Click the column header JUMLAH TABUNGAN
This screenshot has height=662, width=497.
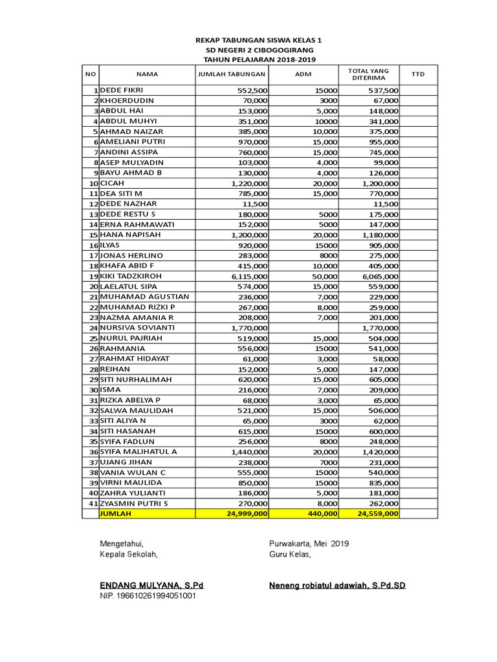coord(231,74)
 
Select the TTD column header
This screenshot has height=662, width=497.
coord(418,74)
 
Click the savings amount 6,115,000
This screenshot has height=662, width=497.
coord(249,276)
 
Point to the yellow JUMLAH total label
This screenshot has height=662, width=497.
coord(115,513)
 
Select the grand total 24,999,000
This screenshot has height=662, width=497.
coord(246,513)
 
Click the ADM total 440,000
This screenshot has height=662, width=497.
coord(322,513)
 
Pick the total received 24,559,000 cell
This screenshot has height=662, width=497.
coord(377,513)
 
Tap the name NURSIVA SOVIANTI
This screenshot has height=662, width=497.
coord(137,328)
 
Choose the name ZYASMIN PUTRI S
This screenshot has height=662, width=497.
coord(133,503)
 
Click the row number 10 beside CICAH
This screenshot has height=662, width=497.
coord(93,184)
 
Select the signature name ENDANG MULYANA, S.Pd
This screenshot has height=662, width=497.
coord(151,586)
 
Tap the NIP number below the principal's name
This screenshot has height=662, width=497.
coord(147,596)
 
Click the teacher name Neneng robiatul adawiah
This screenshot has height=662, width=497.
coord(337,586)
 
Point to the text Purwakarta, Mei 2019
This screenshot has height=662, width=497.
coord(309,544)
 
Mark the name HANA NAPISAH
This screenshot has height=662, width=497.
coord(130,235)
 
